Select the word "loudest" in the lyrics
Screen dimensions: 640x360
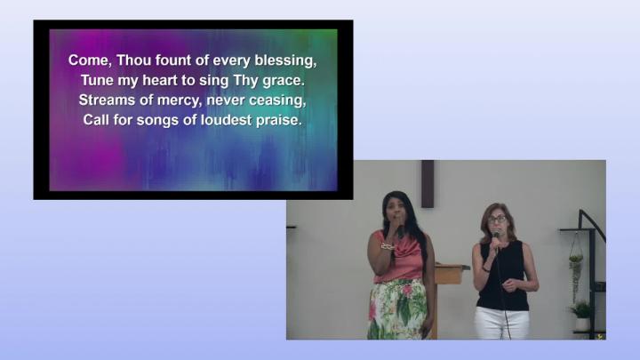pos(226,120)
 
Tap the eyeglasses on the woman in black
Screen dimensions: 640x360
pos(497,220)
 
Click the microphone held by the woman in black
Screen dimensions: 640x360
pos(496,236)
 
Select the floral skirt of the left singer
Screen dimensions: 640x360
pos(397,309)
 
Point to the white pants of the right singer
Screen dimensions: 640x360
pos(501,323)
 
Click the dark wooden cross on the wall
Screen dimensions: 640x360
pos(428,184)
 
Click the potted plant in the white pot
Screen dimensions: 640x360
pos(582,316)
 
